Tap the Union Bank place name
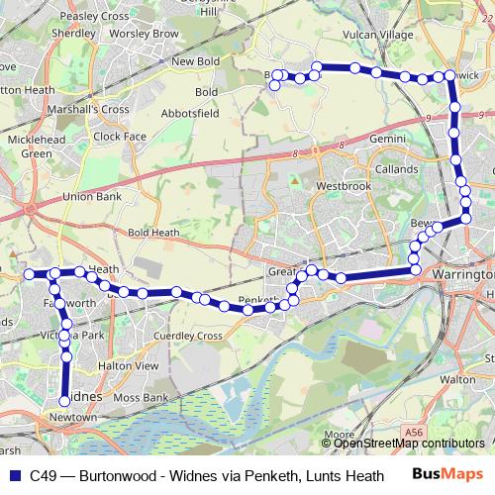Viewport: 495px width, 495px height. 91,196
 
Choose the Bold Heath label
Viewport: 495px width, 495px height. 153,233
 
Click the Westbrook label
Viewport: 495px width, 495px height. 343,186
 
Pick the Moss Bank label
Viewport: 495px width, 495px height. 141,397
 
